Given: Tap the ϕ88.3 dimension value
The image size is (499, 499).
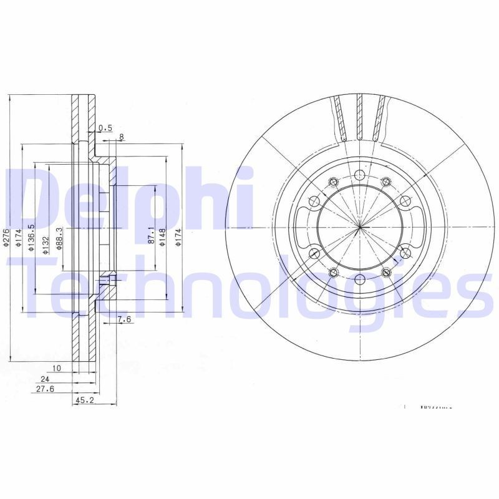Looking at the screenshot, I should [x=59, y=238].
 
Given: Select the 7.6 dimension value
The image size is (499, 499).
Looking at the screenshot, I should [x=124, y=320].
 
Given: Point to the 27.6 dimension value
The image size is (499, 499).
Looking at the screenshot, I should [x=44, y=389].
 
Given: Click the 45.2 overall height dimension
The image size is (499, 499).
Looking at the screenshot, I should [x=84, y=401].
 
